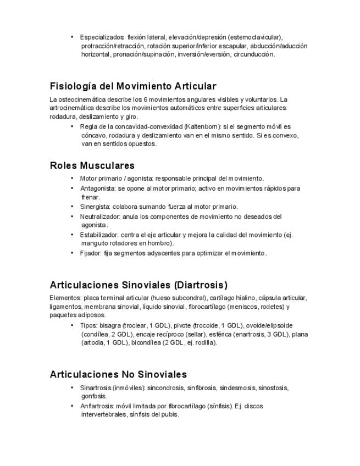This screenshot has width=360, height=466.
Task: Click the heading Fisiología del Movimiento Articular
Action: pos(132,86)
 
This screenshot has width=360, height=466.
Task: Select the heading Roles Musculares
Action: pos(92,165)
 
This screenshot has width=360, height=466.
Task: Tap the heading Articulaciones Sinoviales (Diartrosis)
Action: pos(138,285)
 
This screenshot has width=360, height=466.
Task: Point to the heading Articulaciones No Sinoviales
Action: pos(118,375)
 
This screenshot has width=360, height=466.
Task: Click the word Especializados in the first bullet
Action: pos(102,37)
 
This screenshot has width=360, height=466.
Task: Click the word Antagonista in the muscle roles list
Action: pos(97,188)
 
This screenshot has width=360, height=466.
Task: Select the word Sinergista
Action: pos(95,207)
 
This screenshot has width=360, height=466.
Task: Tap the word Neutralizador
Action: pos(99,217)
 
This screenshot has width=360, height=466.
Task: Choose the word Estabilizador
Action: pos(99,235)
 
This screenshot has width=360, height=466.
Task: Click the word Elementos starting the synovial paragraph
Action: pos(65,298)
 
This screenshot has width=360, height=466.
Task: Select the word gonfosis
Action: pos(94,396)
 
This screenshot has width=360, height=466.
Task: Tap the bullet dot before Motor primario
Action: pos(72,178)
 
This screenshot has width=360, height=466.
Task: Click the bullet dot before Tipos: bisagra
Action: pos(72,325)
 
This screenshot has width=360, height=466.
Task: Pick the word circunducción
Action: pos(253,54)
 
